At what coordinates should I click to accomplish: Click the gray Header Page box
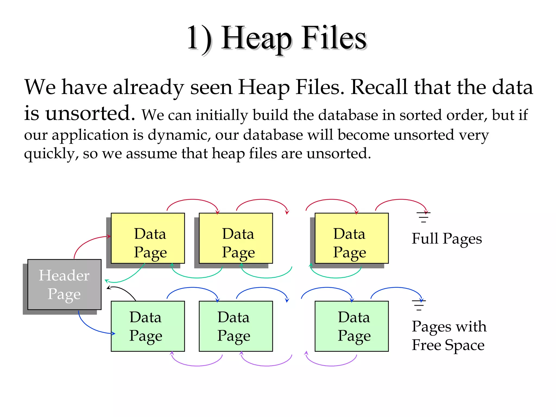tap(64, 284)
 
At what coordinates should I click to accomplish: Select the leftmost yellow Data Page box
tap(148, 238)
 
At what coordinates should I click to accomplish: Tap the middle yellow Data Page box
tap(236, 238)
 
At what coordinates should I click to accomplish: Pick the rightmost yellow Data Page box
tap(351, 238)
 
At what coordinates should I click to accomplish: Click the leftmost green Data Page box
tap(148, 326)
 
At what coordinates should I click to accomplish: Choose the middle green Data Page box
tap(236, 326)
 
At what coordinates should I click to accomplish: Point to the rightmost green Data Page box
tap(351, 326)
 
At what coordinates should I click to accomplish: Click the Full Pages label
tap(447, 239)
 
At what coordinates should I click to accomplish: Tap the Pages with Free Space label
tap(449, 336)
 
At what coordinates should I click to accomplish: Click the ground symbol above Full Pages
tap(423, 217)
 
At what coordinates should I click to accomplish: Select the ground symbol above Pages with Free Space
tap(419, 305)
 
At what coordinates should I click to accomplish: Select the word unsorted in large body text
tap(90, 113)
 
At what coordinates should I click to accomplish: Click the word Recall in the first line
tap(379, 87)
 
